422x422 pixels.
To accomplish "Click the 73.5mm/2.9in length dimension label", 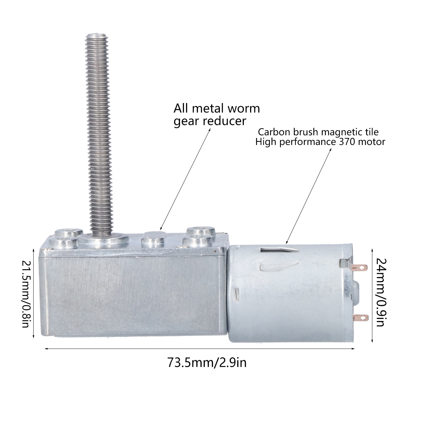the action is pyautogui.click(x=207, y=362).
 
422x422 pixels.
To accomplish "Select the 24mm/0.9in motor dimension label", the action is pyautogui.click(x=381, y=292).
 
